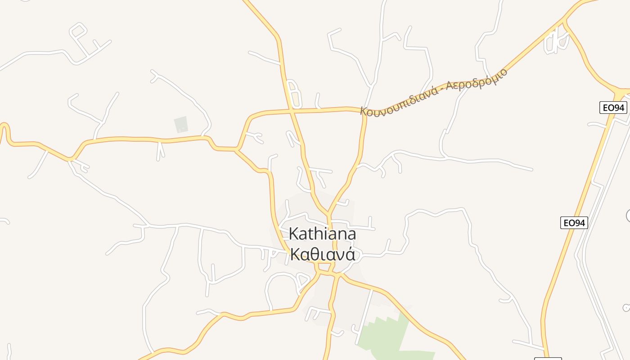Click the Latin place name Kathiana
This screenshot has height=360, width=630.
tap(322, 234)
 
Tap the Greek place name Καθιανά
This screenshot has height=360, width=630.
tap(323, 254)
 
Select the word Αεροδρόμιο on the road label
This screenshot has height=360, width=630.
tap(477, 80)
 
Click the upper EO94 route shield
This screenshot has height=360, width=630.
tap(613, 108)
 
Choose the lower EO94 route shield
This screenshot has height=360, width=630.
tap(574, 223)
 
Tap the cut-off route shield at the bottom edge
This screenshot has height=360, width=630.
tap(548, 358)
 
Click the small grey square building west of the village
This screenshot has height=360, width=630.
tap(180, 124)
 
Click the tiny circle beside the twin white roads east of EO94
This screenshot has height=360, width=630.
tap(626, 308)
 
